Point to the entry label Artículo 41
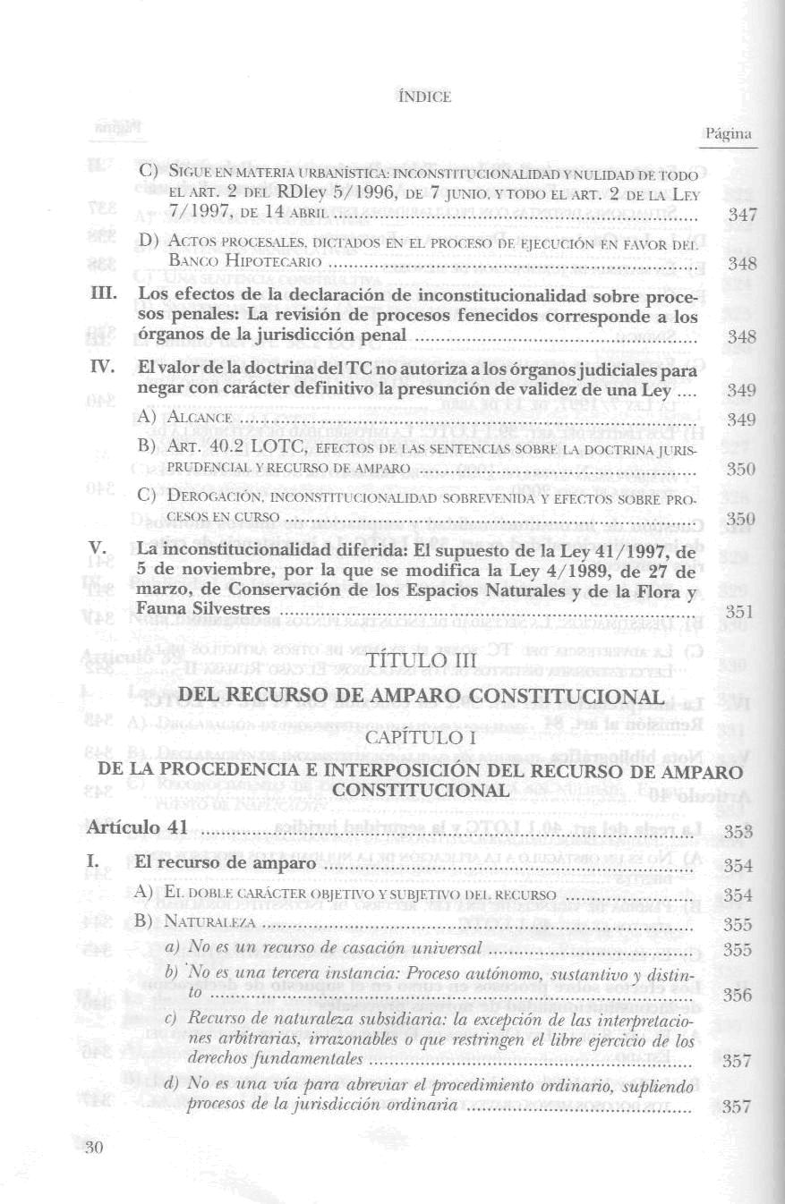pos(137,827)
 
